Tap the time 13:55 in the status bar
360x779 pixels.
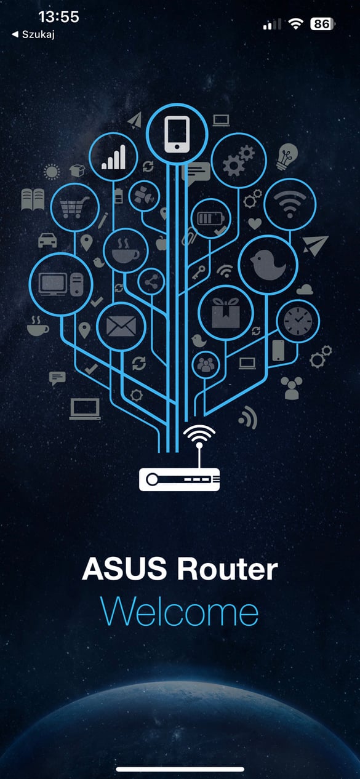58,17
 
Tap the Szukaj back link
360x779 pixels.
33,34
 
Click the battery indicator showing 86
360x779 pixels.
322,23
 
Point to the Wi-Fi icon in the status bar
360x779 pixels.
295,23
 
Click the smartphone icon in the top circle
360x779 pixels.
177,134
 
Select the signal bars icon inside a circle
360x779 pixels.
113,157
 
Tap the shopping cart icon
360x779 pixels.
74,207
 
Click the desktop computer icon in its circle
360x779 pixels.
61,284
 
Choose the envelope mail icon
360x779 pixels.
121,326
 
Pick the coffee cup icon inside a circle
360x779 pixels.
125,250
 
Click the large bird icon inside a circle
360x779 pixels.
268,265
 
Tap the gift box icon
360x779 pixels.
226,313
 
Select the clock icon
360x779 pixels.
298,321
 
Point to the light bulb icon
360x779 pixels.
287,156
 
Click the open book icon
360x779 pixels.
33,199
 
